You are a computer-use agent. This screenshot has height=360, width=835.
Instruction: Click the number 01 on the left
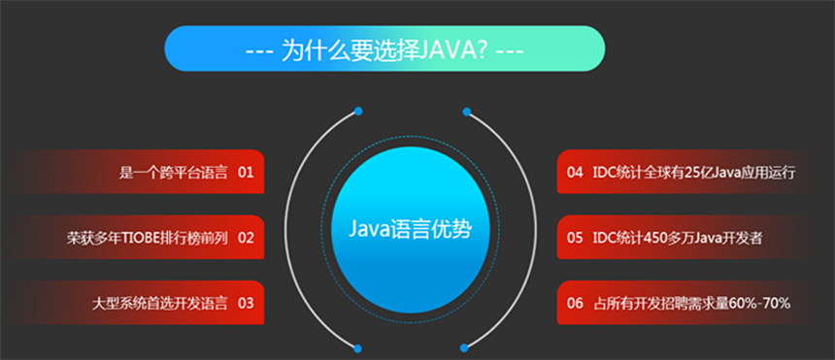tap(245, 173)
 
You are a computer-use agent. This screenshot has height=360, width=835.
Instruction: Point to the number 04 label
tap(575, 173)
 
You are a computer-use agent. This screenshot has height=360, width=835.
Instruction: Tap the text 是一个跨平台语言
tap(173, 173)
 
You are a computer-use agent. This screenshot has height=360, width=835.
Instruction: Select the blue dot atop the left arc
tap(358, 111)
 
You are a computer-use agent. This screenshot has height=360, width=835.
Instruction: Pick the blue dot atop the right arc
tap(467, 111)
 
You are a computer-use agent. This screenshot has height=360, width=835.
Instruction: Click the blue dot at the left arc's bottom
tap(358, 346)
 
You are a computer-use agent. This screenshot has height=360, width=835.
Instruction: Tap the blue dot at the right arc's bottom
tap(467, 346)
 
